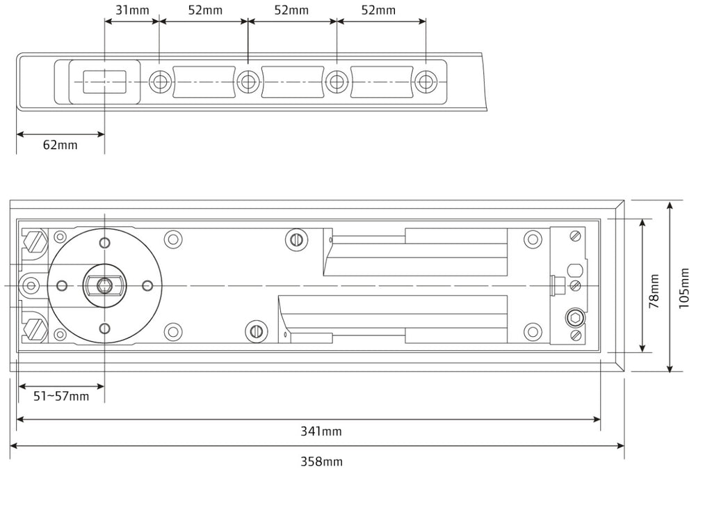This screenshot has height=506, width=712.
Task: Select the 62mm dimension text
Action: (x=60, y=145)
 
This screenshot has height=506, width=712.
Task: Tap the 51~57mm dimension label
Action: (x=61, y=396)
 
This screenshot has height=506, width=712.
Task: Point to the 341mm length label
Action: (x=321, y=432)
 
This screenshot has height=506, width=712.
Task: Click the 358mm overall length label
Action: (x=321, y=461)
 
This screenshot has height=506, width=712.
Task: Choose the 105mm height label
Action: (x=685, y=287)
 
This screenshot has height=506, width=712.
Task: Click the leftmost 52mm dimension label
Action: (x=205, y=10)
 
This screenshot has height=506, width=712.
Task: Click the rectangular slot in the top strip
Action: (x=104, y=81)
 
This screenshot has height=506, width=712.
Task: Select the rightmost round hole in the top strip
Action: (x=425, y=82)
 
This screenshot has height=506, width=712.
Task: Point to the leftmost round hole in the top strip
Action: (x=159, y=82)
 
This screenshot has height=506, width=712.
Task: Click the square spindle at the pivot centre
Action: (x=104, y=285)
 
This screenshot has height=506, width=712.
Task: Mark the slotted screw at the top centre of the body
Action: (x=296, y=239)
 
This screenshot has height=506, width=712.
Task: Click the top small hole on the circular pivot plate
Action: (x=104, y=242)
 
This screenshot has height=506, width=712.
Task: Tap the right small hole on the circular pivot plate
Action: (x=147, y=285)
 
